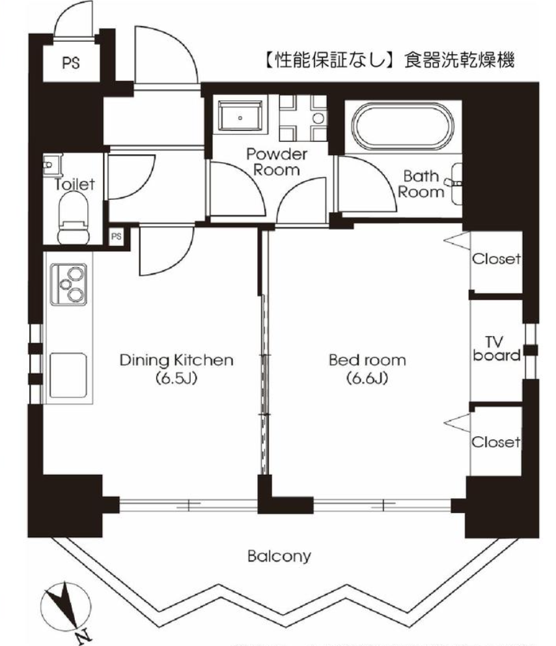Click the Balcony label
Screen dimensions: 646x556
[279, 557]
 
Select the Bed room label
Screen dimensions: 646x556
[359, 359]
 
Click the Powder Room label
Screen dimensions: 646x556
[277, 163]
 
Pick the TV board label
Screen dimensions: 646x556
[497, 349]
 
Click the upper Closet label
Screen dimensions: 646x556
[496, 259]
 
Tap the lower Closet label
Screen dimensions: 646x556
[496, 443]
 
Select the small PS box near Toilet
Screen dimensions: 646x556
[117, 236]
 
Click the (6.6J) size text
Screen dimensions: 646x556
[359, 378]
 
